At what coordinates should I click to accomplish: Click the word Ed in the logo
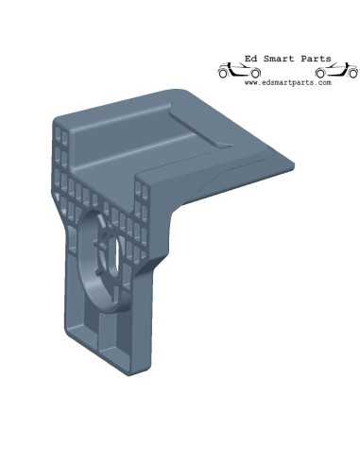[249, 59]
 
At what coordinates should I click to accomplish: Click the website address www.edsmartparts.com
[287, 83]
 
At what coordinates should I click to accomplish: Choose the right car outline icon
[336, 71]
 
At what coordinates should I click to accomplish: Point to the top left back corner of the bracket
[56, 121]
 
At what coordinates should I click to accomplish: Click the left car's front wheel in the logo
[255, 74]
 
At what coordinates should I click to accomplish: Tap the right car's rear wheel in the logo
[321, 74]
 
